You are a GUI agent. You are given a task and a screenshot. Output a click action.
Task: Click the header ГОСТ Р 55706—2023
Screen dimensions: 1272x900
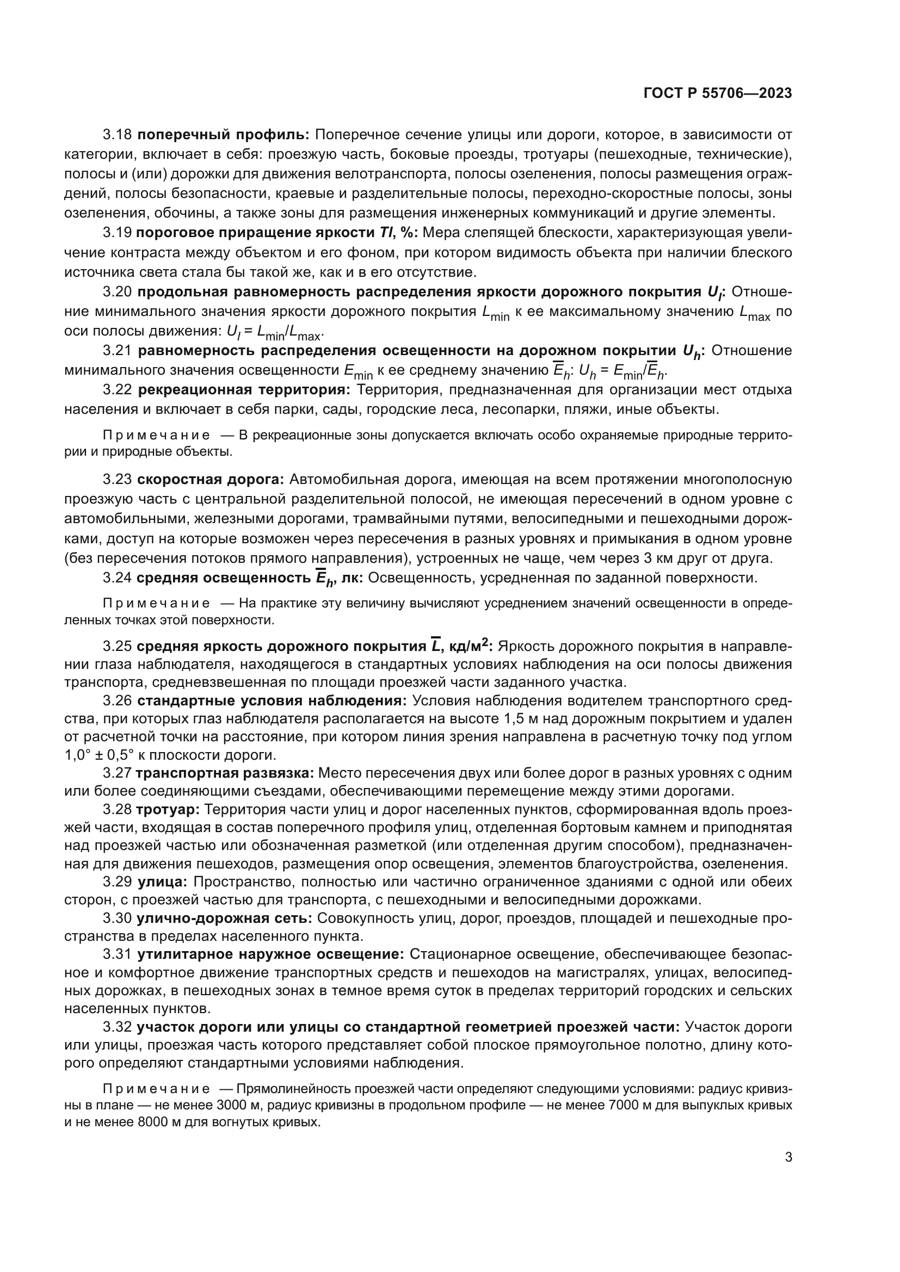tap(718, 93)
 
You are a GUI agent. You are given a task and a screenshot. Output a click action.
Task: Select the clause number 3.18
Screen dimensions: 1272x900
tap(117, 135)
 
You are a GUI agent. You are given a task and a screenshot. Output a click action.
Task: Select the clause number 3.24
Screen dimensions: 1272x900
tap(117, 579)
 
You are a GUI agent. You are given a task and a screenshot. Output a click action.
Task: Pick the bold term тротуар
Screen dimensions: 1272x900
tap(168, 809)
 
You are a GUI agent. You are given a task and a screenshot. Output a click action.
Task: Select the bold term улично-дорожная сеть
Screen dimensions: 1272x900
tap(224, 918)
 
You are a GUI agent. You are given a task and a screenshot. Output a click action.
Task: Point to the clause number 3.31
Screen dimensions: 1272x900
tap(117, 954)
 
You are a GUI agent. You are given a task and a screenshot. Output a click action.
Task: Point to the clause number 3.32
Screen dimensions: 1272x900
tap(117, 1027)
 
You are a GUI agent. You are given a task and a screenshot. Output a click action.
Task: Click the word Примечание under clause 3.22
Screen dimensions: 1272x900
tap(156, 436)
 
